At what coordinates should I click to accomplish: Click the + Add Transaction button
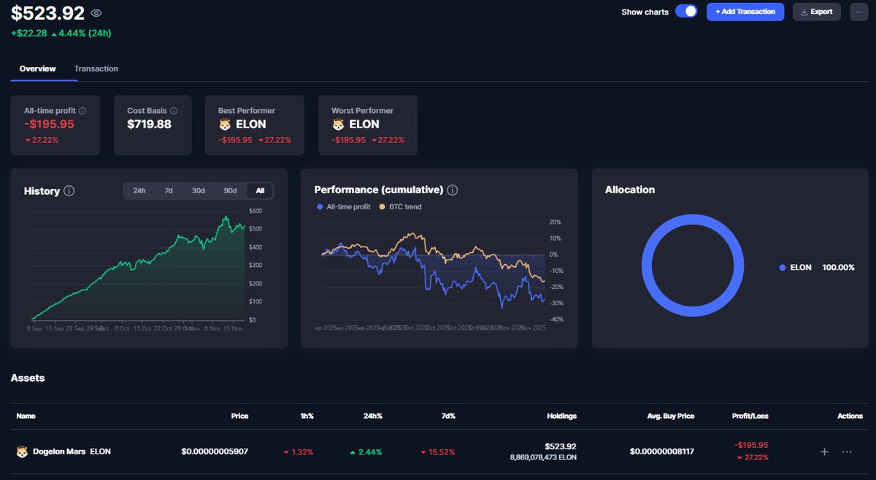point(745,12)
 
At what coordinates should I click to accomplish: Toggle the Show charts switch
point(686,12)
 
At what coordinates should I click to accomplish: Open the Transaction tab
point(96,69)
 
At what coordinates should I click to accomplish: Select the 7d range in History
point(169,191)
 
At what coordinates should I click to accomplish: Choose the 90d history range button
point(230,191)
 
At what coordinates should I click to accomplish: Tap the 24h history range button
point(139,191)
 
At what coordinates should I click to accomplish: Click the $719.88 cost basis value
point(150,124)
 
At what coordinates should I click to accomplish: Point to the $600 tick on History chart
point(255,211)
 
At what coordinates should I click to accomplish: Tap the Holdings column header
point(561,416)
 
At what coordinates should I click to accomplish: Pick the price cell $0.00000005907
point(215,452)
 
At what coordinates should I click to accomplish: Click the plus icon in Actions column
point(824,452)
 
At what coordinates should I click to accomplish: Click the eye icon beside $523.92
point(96,12)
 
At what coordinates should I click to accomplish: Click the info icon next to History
point(69,191)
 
